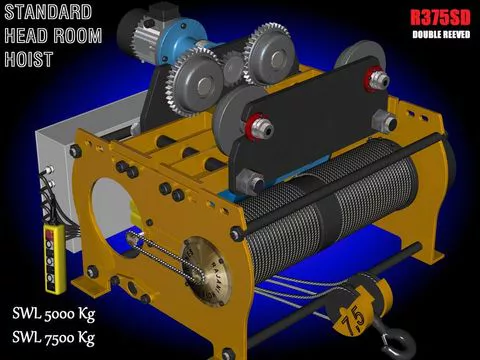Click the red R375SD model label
coord(440,18)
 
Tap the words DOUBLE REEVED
coord(441,35)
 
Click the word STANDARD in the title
coord(48,12)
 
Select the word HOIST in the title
coord(29,59)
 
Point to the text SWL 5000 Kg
coord(54,314)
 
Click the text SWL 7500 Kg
coord(54,338)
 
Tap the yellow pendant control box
coord(55,258)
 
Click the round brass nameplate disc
coord(207,271)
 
